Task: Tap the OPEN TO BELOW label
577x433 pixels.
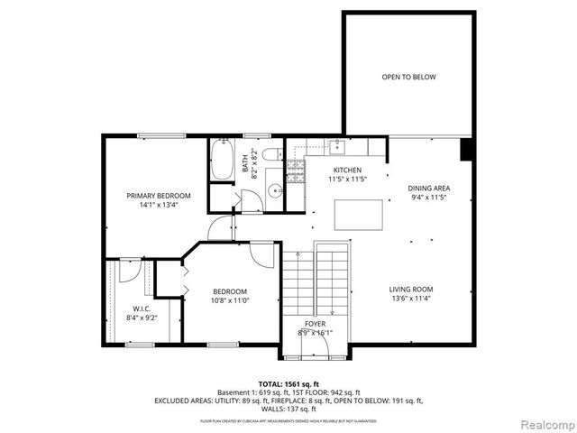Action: [408, 78]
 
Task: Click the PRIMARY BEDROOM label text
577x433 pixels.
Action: [159, 196]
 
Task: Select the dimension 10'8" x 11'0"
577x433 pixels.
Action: [230, 300]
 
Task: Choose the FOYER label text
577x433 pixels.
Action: [315, 323]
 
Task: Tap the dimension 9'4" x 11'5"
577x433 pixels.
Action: [429, 198]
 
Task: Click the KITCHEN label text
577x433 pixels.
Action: [347, 170]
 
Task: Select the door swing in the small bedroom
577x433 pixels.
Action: [261, 254]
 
